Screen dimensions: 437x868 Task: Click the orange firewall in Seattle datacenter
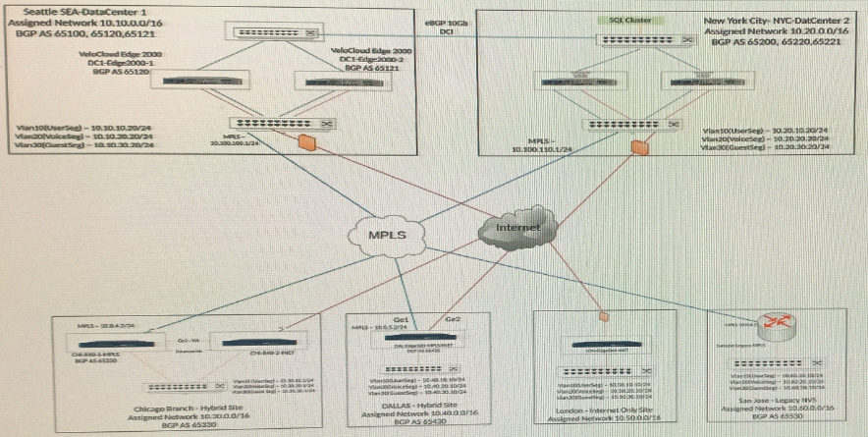pyautogui.click(x=307, y=144)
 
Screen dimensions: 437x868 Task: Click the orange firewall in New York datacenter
pyautogui.click(x=640, y=148)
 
